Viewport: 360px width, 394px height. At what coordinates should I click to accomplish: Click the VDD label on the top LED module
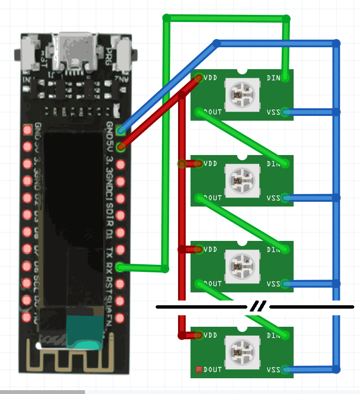pos(210,77)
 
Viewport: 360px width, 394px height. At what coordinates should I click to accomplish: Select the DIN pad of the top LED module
pos(286,78)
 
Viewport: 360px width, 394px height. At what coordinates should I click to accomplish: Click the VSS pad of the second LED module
pos(286,197)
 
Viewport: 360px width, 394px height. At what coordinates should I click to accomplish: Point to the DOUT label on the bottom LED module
pos(212,370)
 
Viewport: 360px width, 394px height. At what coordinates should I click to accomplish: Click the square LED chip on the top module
pos(242,93)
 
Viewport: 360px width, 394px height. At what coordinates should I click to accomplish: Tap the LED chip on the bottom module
pos(242,351)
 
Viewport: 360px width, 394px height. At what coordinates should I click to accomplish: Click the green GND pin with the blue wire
pos(121,130)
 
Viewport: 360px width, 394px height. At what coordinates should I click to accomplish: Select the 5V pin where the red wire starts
pos(121,147)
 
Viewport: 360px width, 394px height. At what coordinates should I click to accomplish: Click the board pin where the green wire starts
pos(121,267)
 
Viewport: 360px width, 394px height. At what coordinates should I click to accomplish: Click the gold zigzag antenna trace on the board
pos(72,360)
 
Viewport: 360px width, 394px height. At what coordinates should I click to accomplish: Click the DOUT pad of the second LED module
pos(199,197)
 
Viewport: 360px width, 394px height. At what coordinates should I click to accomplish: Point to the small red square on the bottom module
pos(199,370)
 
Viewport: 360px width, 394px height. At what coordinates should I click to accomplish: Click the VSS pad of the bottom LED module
pos(286,369)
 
